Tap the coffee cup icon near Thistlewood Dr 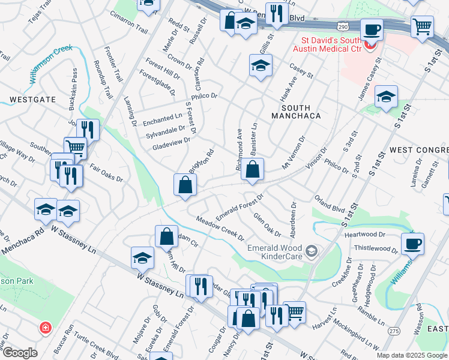tap(412, 244)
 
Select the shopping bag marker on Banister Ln tap(253, 170)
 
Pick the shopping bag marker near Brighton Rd tap(184, 185)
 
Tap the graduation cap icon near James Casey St tap(386, 96)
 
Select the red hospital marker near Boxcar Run tap(44, 328)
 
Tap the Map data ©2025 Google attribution tap(412, 355)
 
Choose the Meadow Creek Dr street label tap(219, 229)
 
